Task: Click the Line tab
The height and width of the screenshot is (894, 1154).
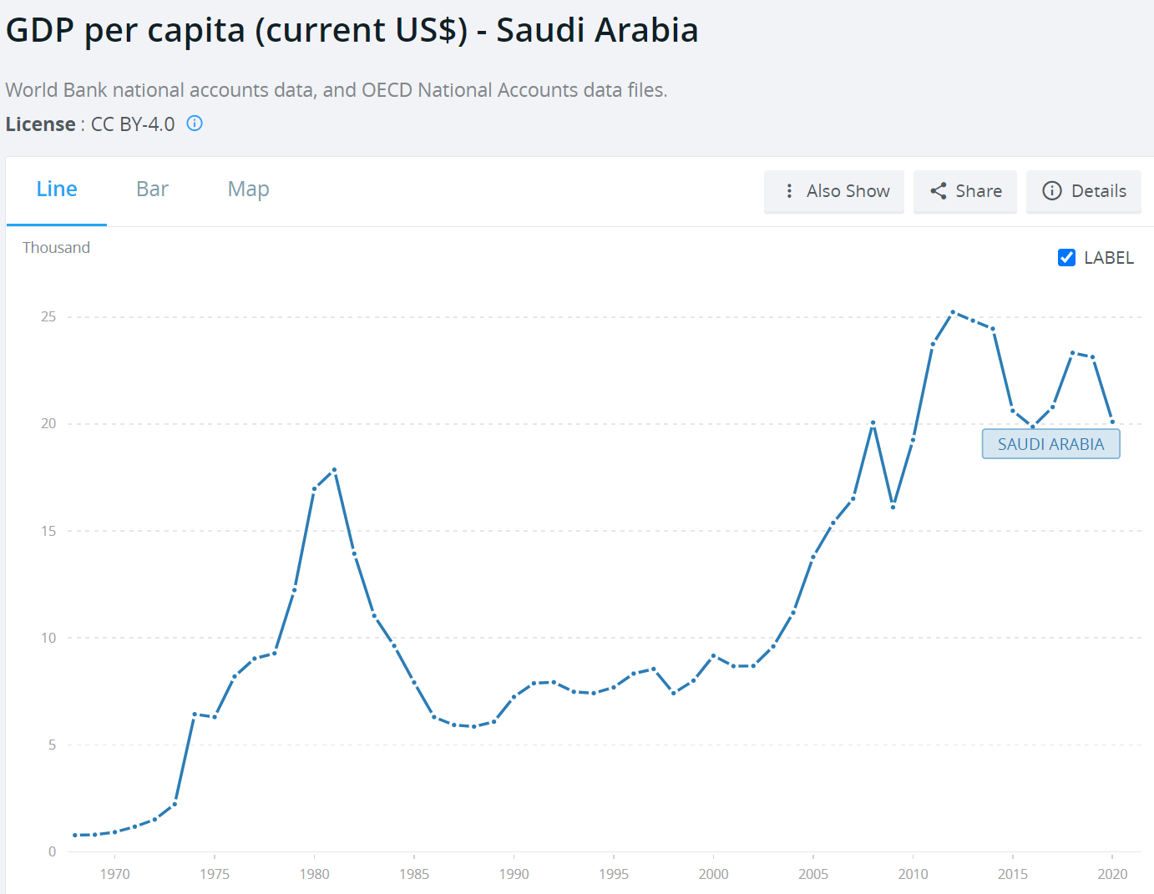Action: (57, 189)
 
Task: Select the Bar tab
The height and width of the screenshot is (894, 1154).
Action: (152, 189)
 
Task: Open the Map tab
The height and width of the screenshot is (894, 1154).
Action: (248, 189)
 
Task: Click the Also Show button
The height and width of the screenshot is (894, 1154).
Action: (834, 191)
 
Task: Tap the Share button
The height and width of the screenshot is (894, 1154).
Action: (965, 191)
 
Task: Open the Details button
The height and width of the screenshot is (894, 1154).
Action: (1084, 191)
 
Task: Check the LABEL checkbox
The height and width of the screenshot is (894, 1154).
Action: (1066, 258)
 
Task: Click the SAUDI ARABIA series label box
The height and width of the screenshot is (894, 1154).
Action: (1050, 444)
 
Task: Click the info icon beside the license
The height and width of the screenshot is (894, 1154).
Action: (195, 124)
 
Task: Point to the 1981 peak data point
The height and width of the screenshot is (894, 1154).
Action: (334, 470)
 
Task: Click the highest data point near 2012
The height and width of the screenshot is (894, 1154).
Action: (953, 312)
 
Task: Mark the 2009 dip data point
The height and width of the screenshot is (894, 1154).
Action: (893, 507)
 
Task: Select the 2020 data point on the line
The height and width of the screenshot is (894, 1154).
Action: (1112, 422)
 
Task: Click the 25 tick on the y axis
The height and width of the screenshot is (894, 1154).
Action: (49, 317)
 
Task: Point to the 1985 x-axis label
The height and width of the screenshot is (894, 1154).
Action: (414, 874)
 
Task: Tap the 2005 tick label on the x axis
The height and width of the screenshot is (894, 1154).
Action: (813, 874)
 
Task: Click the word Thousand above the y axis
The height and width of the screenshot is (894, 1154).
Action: (56, 248)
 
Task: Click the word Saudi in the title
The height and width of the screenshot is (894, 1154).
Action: (544, 30)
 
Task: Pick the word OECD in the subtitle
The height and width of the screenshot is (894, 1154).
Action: (387, 90)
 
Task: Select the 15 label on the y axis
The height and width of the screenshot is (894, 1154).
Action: (49, 531)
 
